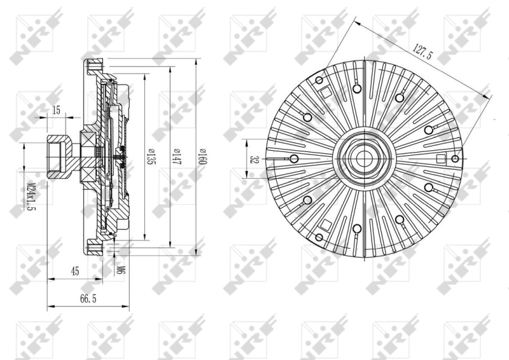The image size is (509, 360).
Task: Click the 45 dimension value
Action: tap(74, 272)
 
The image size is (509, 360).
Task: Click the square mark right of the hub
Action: tap(440, 158)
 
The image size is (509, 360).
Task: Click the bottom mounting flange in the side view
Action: tap(94, 247)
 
